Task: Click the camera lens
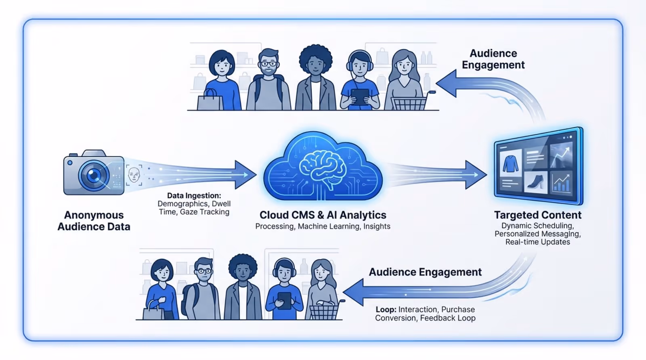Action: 94,175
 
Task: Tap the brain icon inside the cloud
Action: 322,167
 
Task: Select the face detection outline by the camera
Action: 134,175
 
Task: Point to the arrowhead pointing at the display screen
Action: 476,175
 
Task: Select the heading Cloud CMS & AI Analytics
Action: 323,215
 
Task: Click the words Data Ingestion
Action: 194,196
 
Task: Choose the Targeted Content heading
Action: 537,215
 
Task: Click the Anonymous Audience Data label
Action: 94,221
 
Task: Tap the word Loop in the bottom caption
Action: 385,310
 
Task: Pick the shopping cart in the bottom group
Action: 324,311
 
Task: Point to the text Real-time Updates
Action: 537,242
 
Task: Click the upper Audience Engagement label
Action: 493,59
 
